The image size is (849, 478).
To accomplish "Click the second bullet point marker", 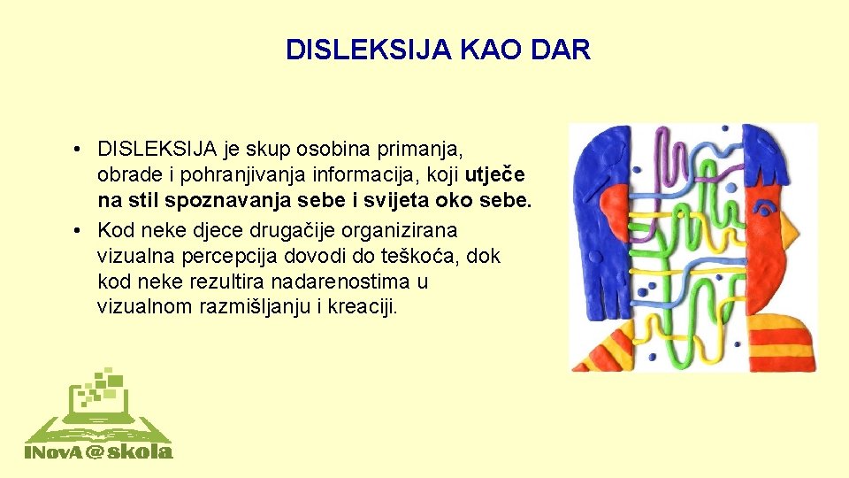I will (79, 231).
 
